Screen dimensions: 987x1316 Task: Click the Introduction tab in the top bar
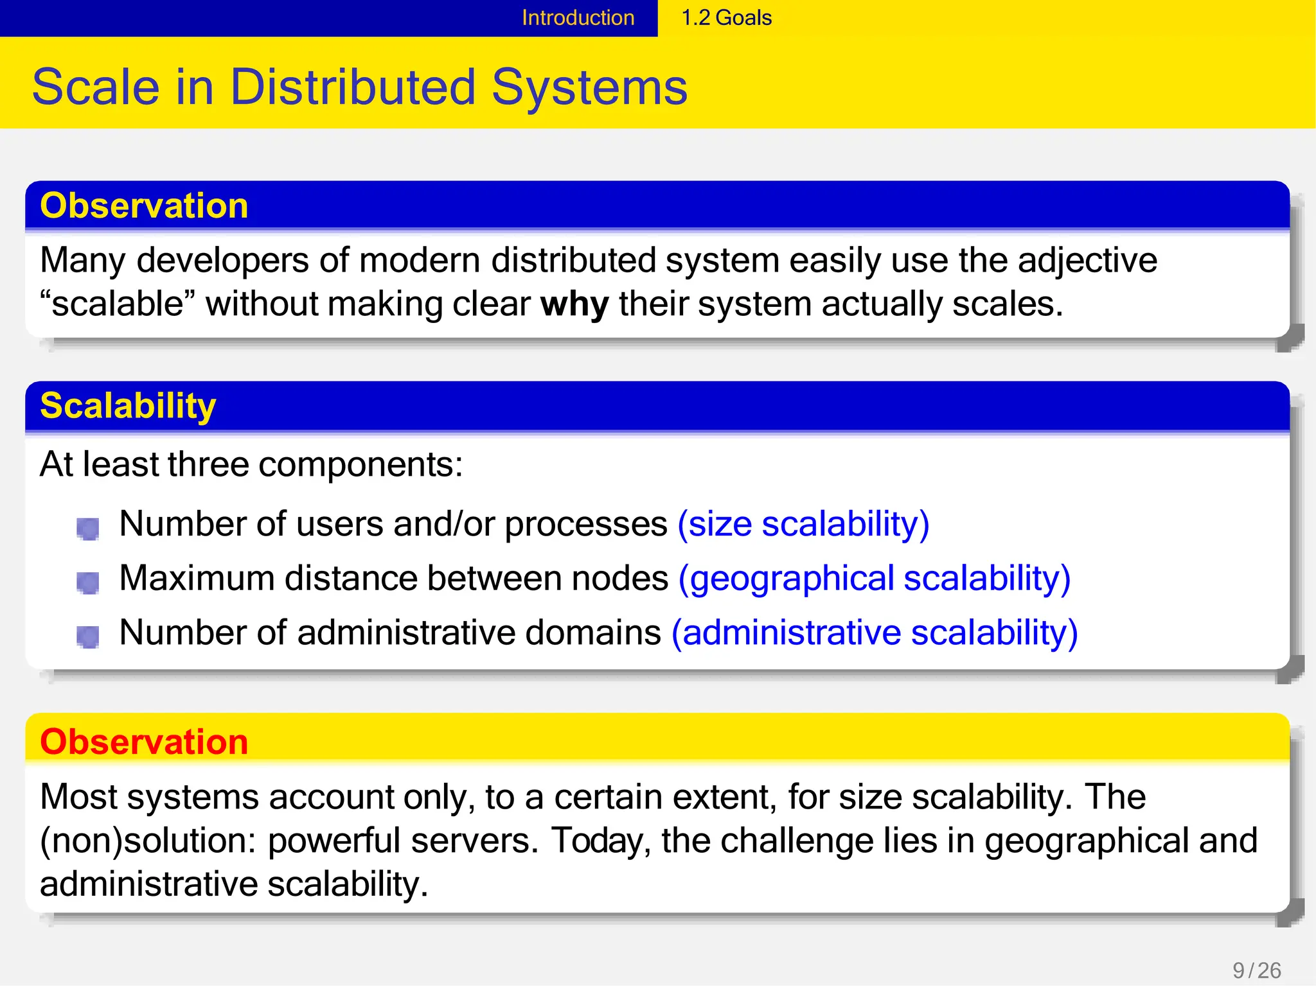[x=578, y=17]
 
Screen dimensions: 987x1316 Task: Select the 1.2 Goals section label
[x=726, y=17]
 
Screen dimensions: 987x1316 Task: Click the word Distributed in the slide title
[x=353, y=87]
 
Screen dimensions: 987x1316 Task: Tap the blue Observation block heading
[x=144, y=206]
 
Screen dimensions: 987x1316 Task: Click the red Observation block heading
[x=144, y=742]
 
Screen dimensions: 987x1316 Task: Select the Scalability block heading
[x=128, y=406]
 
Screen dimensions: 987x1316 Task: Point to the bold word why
[x=574, y=304]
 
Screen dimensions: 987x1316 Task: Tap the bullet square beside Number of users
[x=88, y=528]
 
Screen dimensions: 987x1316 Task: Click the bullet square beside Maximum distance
[x=88, y=583]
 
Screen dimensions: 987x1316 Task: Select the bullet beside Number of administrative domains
[x=88, y=637]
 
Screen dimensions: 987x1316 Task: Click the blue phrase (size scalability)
[x=803, y=524]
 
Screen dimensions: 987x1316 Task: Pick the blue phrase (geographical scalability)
[x=875, y=579]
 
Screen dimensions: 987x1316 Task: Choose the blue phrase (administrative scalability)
[x=875, y=633]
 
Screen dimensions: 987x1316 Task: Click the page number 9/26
[x=1257, y=970]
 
